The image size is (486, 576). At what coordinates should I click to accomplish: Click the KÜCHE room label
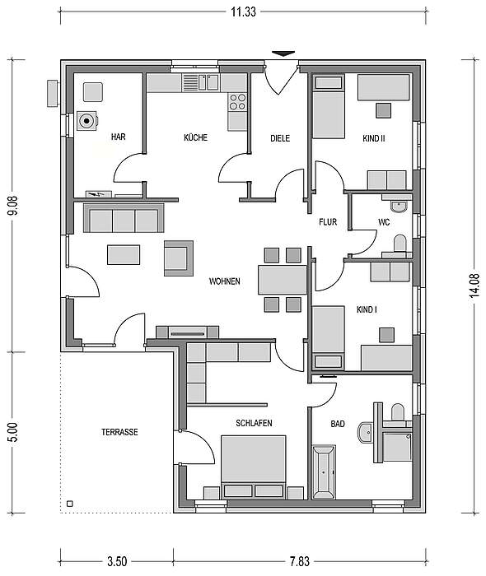pyautogui.click(x=195, y=137)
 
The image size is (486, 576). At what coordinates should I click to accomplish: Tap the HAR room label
pyautogui.click(x=118, y=137)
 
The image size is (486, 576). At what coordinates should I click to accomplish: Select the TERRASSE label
pyautogui.click(x=119, y=432)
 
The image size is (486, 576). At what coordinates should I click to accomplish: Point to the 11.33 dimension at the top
pyautogui.click(x=243, y=12)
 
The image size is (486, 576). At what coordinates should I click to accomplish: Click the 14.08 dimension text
pyautogui.click(x=474, y=285)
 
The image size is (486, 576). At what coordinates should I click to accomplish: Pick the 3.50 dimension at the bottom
pyautogui.click(x=117, y=561)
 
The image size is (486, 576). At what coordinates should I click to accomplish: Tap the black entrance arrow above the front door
pyautogui.click(x=283, y=53)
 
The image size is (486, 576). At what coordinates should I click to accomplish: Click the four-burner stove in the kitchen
pyautogui.click(x=237, y=102)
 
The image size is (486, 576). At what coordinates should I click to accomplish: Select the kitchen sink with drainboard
pyautogui.click(x=200, y=82)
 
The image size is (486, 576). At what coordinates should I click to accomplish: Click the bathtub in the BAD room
pyautogui.click(x=324, y=472)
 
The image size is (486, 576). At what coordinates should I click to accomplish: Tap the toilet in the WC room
pyautogui.click(x=400, y=244)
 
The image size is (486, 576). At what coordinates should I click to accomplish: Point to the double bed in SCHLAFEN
pyautogui.click(x=254, y=467)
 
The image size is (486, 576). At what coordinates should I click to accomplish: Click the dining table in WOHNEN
pyautogui.click(x=283, y=280)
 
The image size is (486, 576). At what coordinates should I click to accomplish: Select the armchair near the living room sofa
pyautogui.click(x=179, y=258)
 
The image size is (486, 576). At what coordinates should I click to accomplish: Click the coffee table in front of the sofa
pyautogui.click(x=124, y=255)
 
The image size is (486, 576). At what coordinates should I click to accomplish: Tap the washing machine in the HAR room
pyautogui.click(x=87, y=120)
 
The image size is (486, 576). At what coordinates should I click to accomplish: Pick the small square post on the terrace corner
pyautogui.click(x=70, y=504)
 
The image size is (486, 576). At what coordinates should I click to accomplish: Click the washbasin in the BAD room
pyautogui.click(x=365, y=433)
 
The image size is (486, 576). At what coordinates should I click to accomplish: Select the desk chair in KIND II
pyautogui.click(x=383, y=110)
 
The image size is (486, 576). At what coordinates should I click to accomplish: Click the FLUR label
pyautogui.click(x=328, y=222)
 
